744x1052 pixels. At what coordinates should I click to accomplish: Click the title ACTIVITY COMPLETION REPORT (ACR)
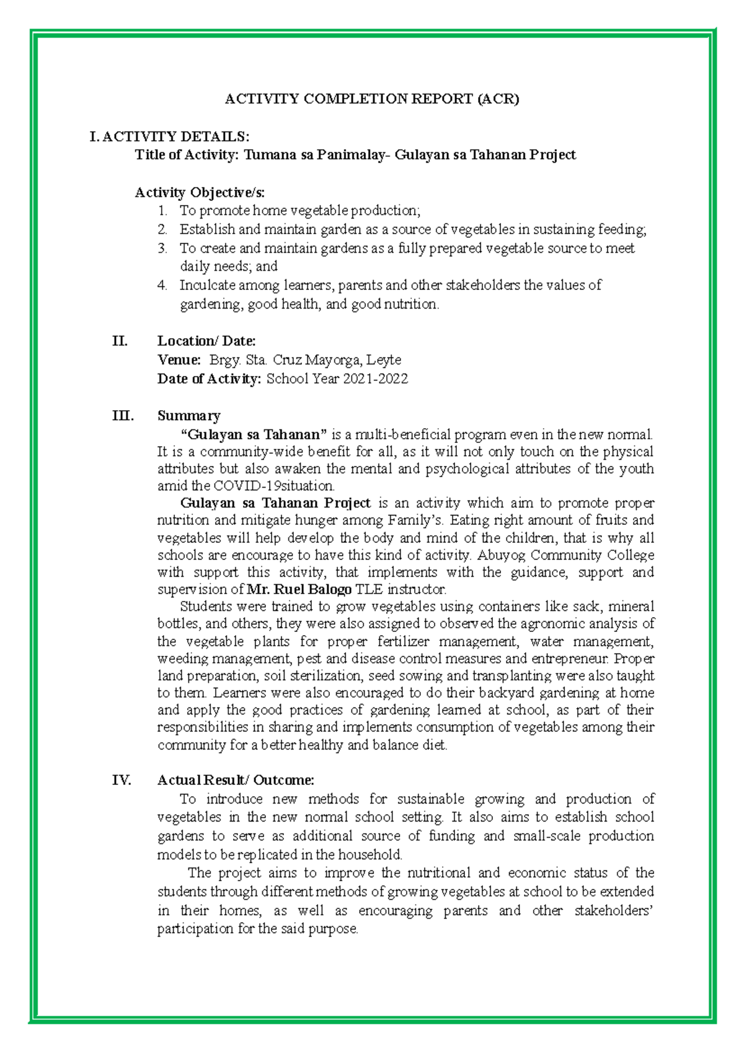pos(371,99)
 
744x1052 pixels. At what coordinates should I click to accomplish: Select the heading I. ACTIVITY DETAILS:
pos(169,136)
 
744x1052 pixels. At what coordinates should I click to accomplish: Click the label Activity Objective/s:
pos(200,192)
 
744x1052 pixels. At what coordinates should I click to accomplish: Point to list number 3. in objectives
pos(162,248)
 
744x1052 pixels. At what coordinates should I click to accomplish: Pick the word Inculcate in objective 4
pos(207,286)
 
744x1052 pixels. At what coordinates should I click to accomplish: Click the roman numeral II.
pos(120,341)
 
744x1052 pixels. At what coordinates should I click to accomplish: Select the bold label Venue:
pos(179,360)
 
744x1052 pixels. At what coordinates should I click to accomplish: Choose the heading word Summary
pos(188,416)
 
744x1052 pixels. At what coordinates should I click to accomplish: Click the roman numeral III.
pos(122,416)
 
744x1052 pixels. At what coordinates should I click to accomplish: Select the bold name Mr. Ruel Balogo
pos(299,589)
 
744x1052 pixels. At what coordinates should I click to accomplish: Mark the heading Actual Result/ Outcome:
pos(236,780)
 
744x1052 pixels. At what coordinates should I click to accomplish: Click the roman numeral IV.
pos(122,780)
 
